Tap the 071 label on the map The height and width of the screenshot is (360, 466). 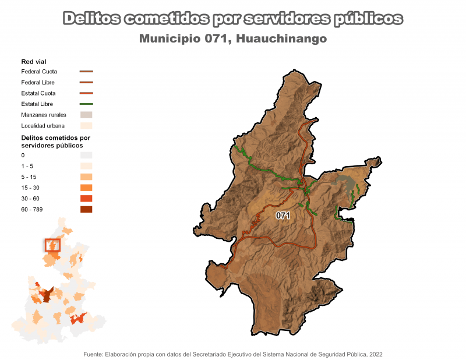(283, 216)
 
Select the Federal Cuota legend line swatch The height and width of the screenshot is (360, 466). (86, 72)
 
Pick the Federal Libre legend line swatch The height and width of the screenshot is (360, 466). (86, 83)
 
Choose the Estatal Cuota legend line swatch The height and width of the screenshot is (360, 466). (86, 93)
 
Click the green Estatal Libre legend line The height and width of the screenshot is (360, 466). (86, 104)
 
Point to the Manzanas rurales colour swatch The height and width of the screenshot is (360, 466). (86, 115)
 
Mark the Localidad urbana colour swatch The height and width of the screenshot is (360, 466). (86, 125)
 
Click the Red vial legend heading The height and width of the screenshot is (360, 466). (34, 62)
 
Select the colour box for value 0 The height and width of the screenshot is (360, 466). (86, 156)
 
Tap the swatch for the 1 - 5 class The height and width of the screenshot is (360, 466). (86, 166)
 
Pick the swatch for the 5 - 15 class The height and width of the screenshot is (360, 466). (86, 177)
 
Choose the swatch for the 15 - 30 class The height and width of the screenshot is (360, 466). (86, 188)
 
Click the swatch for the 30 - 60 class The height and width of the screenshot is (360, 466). (86, 199)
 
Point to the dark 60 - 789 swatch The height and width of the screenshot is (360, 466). (86, 209)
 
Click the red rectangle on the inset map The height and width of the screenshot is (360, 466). (52, 245)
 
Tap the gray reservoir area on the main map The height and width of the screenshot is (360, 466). (345, 185)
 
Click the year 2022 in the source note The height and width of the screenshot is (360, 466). (375, 354)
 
